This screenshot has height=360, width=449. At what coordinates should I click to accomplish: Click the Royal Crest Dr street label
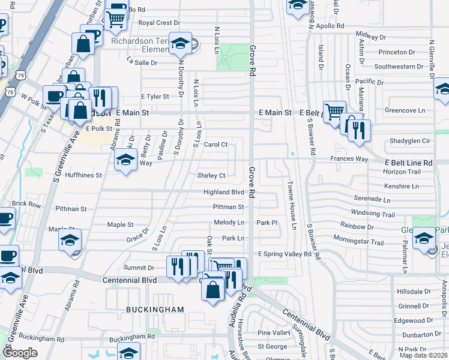[x=155, y=23]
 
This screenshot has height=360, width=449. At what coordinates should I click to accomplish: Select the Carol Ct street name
[x=215, y=145]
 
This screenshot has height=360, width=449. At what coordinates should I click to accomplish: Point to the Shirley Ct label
[x=211, y=176]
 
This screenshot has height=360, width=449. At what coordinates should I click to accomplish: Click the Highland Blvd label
[x=224, y=192]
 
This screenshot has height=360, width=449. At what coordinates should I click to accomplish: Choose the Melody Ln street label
[x=229, y=223]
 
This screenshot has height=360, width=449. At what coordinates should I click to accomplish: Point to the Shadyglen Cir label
[x=409, y=141]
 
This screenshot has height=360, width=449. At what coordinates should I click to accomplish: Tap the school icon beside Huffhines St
[x=125, y=160]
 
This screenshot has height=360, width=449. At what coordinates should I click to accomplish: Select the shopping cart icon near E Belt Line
[x=334, y=112]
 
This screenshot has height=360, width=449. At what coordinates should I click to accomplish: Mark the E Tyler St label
[x=155, y=96]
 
